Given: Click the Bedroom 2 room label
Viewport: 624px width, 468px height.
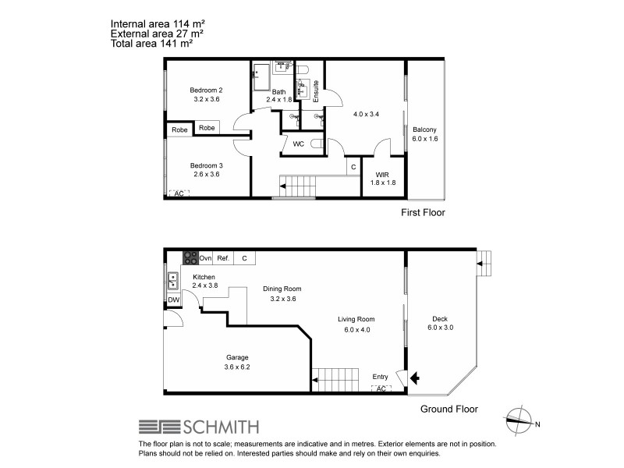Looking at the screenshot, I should point(208,94).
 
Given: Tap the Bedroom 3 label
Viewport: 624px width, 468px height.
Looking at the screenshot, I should point(208,170).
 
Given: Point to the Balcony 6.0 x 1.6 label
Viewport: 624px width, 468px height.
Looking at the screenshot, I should point(424,134).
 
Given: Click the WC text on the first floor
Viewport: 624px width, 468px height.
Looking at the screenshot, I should point(298,144).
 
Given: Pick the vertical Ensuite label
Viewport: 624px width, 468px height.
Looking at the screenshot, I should point(316,93).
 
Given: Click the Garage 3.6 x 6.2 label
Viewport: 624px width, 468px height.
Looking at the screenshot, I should point(236,363).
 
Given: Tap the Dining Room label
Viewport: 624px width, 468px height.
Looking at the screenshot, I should point(281,293).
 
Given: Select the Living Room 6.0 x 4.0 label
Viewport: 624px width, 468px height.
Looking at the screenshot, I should point(356,324).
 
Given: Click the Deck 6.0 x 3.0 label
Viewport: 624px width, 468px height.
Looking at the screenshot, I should point(440,323).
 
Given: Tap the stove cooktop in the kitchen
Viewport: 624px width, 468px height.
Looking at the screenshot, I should point(190,258).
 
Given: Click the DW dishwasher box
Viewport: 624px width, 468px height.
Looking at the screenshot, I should point(172,300).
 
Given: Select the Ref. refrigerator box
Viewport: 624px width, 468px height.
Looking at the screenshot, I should point(223,258).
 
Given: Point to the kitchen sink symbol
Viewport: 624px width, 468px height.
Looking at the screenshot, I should point(172,280).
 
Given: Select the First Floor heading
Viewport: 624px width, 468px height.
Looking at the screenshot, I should point(422,212).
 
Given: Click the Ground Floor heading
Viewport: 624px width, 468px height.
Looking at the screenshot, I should point(448,409).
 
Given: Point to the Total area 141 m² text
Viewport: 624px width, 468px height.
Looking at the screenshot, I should point(152,44).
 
